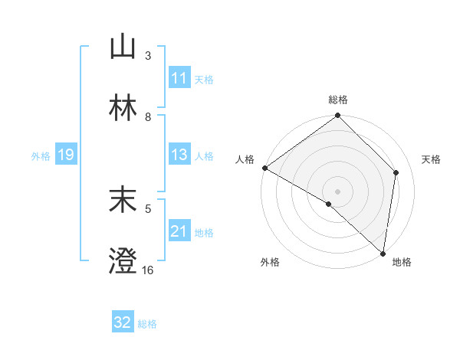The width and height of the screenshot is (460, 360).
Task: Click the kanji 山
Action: [123, 48]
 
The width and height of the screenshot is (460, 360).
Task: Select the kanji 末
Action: [123, 201]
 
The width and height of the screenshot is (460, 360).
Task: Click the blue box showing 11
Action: [179, 78]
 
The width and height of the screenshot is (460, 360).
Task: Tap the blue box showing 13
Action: [179, 155]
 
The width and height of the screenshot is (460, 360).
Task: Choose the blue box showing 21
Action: [179, 231]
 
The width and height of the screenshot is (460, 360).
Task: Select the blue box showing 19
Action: [65, 155]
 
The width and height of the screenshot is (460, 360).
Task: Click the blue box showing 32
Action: [123, 322]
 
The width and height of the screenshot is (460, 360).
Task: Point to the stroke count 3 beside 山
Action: [148, 56]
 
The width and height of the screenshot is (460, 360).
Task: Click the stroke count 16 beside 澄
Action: [147, 270]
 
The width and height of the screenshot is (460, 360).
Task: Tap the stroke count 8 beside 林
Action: [148, 117]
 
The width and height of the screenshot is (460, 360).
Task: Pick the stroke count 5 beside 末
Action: [148, 208]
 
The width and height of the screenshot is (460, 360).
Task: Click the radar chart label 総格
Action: [338, 100]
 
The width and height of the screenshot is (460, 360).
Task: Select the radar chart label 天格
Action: [431, 159]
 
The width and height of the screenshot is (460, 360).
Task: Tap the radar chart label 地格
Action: [402, 262]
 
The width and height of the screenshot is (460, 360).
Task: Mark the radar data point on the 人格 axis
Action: [264, 168]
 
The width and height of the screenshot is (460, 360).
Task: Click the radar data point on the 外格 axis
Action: [329, 204]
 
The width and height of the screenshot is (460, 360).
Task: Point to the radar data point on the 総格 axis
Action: [338, 116]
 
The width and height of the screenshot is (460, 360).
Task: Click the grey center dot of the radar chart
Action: [338, 191]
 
